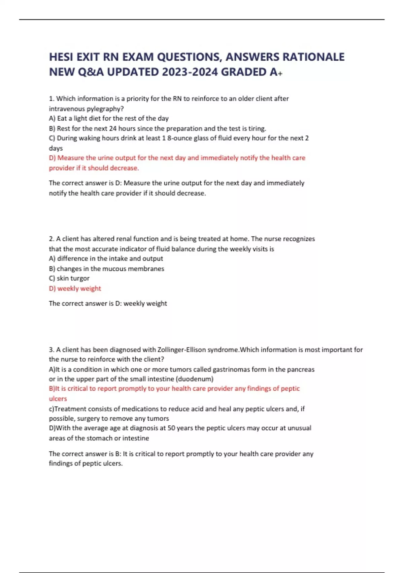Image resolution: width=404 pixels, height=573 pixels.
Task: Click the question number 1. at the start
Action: (52, 99)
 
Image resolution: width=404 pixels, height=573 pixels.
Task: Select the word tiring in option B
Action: (257, 128)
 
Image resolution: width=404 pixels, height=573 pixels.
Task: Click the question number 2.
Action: (52, 239)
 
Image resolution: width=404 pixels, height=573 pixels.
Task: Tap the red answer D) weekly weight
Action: (75, 289)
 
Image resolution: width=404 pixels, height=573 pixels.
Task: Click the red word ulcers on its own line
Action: (58, 399)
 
